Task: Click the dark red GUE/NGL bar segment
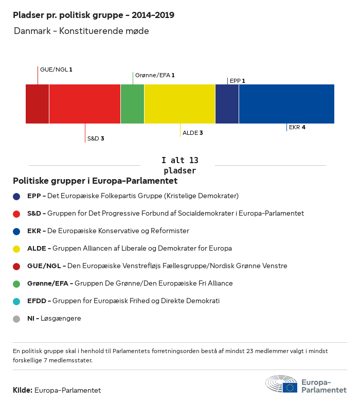[37, 104]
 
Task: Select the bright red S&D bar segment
[85, 104]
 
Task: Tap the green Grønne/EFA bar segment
[132, 104]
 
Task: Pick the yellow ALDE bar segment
[179, 104]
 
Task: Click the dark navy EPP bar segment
[227, 104]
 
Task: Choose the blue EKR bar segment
[286, 104]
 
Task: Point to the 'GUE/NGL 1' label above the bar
[56, 69]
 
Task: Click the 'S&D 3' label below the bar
[96, 138]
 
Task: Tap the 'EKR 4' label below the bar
[297, 127]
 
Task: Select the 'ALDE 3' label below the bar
[193, 133]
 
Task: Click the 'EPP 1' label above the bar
[237, 81]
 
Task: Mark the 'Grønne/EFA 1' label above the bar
[155, 75]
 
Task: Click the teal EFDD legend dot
[17, 301]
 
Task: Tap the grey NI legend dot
[17, 319]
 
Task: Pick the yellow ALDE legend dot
[17, 249]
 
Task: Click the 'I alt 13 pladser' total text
[179, 165]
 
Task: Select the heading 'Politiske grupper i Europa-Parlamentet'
[95, 181]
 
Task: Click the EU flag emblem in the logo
[290, 388]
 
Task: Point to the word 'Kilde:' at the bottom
[23, 390]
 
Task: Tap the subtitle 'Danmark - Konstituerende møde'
[81, 31]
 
